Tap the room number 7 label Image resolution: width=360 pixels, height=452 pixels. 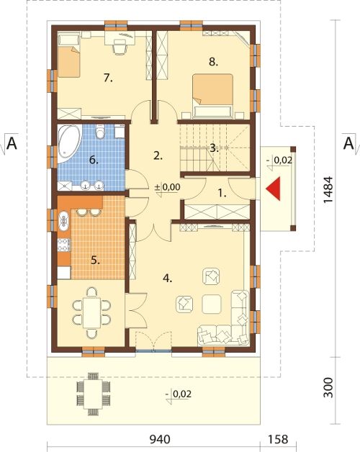point(108,78)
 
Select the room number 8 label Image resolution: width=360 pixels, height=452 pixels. point(213,61)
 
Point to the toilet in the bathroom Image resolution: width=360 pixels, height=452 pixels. point(100,132)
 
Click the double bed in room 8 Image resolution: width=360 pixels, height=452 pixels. point(212,96)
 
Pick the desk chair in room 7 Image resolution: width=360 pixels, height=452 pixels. point(120,47)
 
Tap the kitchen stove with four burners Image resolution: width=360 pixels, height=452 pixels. point(64,245)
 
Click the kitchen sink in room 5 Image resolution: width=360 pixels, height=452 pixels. point(63,221)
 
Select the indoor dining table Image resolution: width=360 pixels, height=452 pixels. point(91,313)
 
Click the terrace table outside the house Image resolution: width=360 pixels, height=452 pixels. point(93,394)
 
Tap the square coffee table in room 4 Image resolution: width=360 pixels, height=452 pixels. point(212,304)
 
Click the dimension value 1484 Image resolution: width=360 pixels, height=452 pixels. point(328,189)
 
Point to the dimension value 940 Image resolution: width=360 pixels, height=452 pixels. point(160,439)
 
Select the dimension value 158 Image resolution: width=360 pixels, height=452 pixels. point(278,439)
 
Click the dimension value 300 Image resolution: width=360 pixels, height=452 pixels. point(328,387)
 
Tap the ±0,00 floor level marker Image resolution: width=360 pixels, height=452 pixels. point(168,187)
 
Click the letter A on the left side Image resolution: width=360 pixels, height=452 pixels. point(12,143)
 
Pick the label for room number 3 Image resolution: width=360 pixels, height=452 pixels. point(214,149)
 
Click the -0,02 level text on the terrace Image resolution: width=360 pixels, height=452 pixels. point(179,394)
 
